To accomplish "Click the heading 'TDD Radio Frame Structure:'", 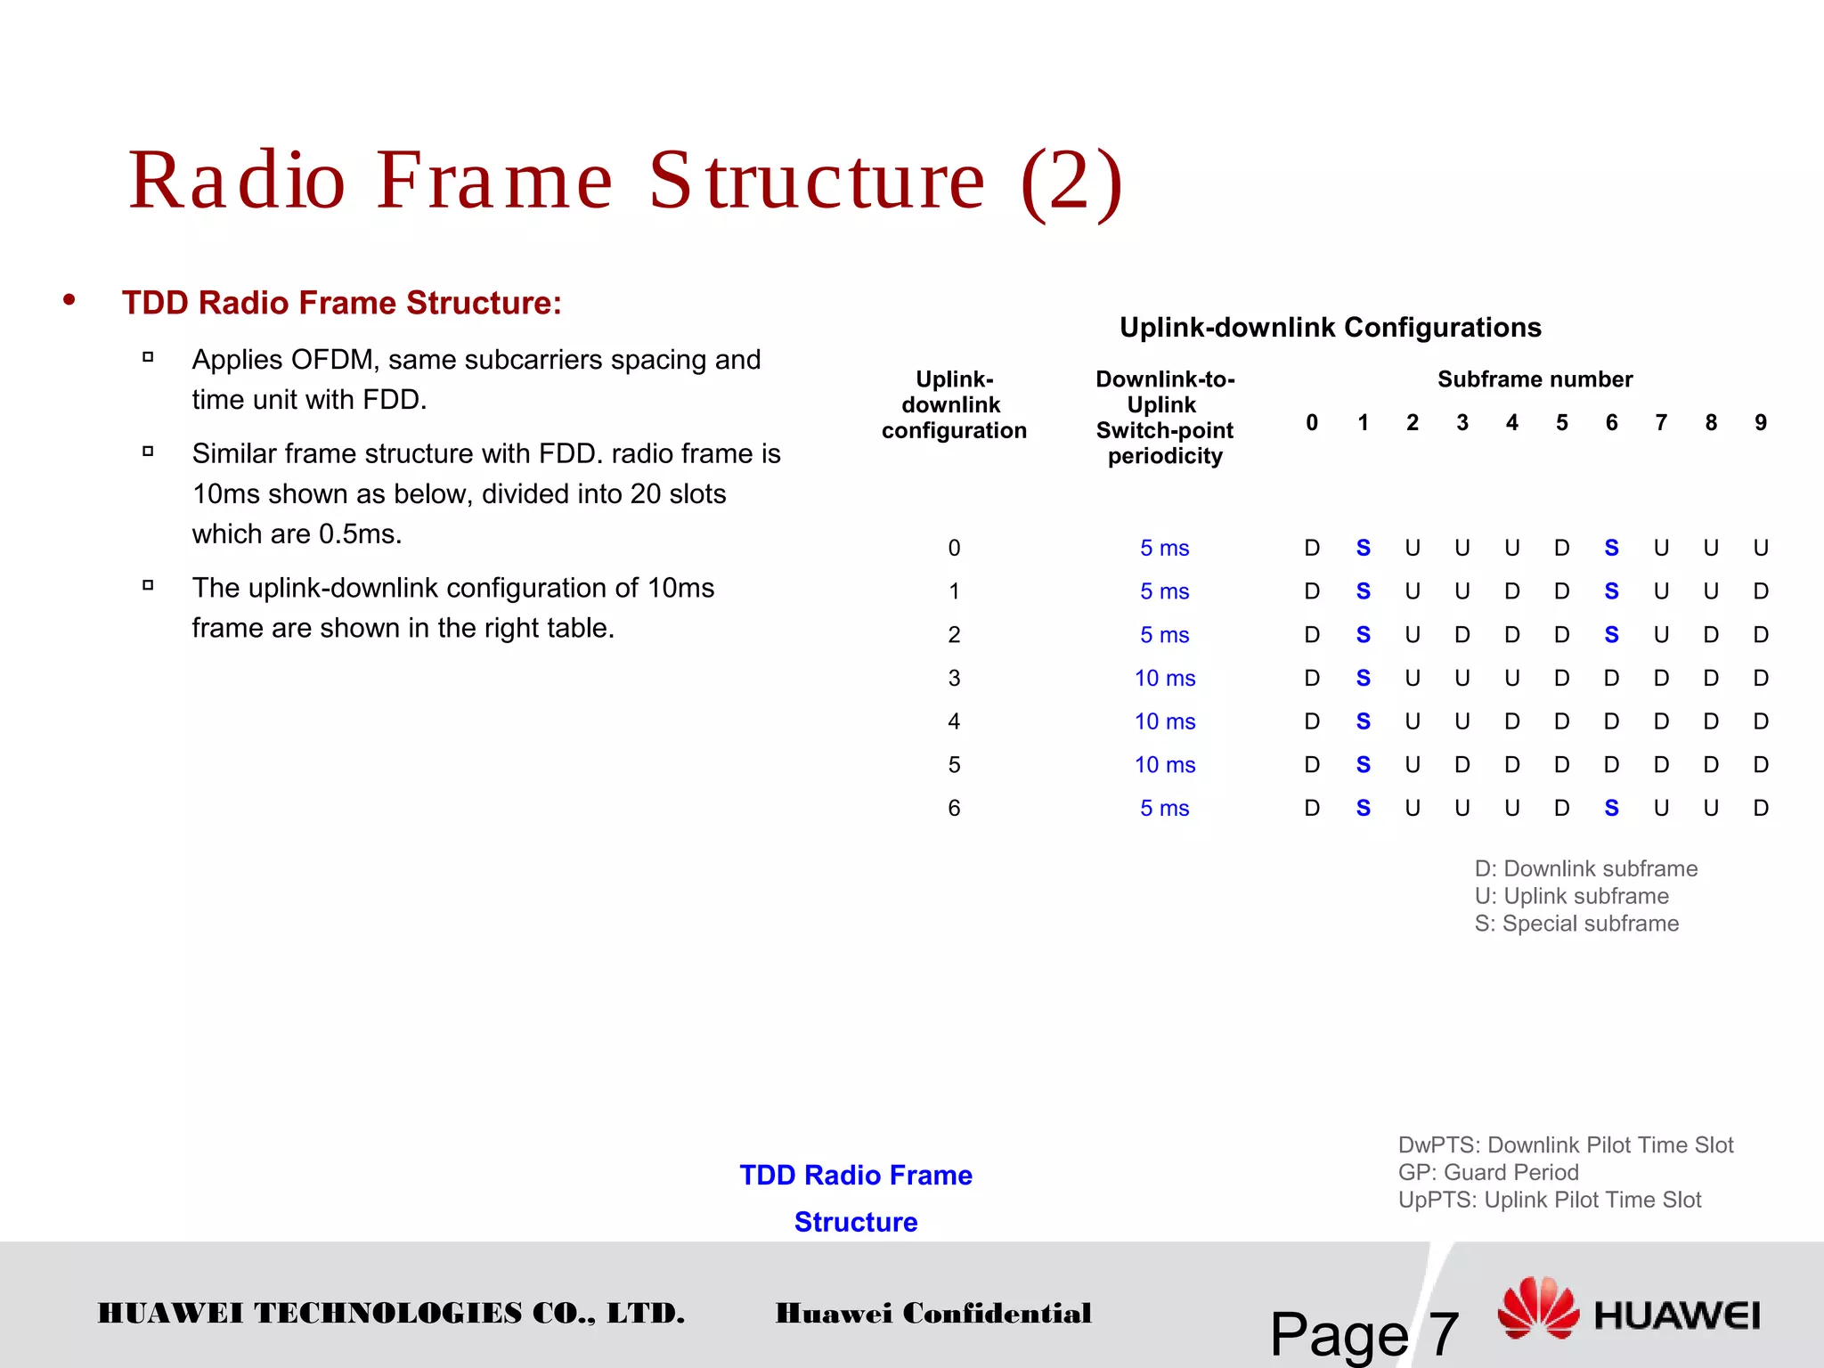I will (x=341, y=303).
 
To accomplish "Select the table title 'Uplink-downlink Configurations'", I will (x=1330, y=327).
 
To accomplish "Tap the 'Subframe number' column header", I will (x=1535, y=379).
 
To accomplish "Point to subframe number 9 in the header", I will (x=1760, y=422).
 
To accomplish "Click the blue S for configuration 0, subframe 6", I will (x=1611, y=548).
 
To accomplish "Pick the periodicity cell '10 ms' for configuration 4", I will (x=1164, y=721).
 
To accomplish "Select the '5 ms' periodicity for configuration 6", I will (x=1164, y=808).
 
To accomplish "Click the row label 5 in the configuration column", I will (x=954, y=765).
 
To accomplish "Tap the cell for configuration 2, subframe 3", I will (x=1462, y=635).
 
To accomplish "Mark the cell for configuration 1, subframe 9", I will (x=1760, y=591).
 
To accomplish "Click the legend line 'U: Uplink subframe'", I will (x=1571, y=896).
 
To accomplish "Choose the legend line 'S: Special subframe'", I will (x=1576, y=924).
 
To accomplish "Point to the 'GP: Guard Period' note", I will (x=1487, y=1172).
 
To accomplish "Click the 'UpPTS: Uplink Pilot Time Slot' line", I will (x=1549, y=1200).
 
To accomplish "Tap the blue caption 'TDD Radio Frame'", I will (x=855, y=1175).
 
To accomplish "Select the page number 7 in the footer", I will (x=1443, y=1334).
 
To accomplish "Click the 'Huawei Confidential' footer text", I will (x=932, y=1313).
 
